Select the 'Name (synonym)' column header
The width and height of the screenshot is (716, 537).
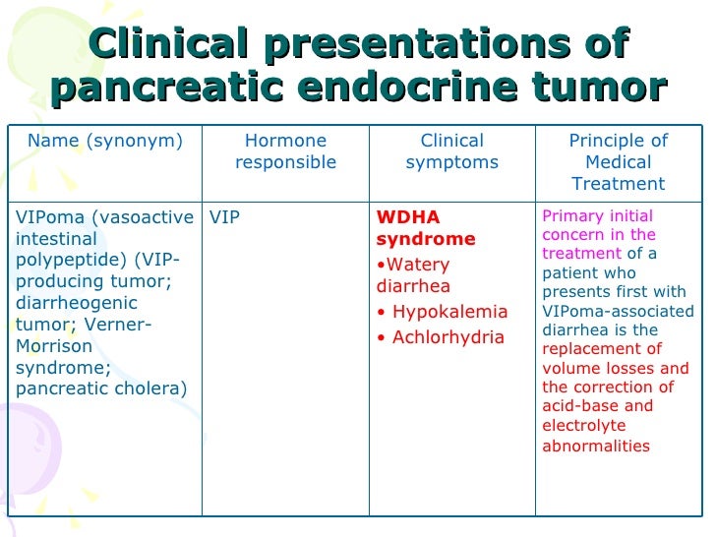click(x=104, y=141)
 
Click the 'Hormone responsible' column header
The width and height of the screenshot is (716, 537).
click(x=285, y=151)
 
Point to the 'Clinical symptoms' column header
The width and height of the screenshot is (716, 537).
click(x=451, y=151)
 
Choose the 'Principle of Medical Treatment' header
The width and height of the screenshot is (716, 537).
click(x=619, y=161)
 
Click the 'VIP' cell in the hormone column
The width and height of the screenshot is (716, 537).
click(x=225, y=217)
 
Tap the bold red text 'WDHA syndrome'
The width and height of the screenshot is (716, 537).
click(x=425, y=228)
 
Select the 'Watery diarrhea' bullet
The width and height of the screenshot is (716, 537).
click(x=414, y=275)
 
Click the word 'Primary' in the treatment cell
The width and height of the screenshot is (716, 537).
click(x=572, y=216)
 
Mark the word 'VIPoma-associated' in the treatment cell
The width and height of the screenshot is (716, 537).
click(x=618, y=312)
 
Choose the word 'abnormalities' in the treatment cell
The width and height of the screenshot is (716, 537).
click(x=596, y=446)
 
